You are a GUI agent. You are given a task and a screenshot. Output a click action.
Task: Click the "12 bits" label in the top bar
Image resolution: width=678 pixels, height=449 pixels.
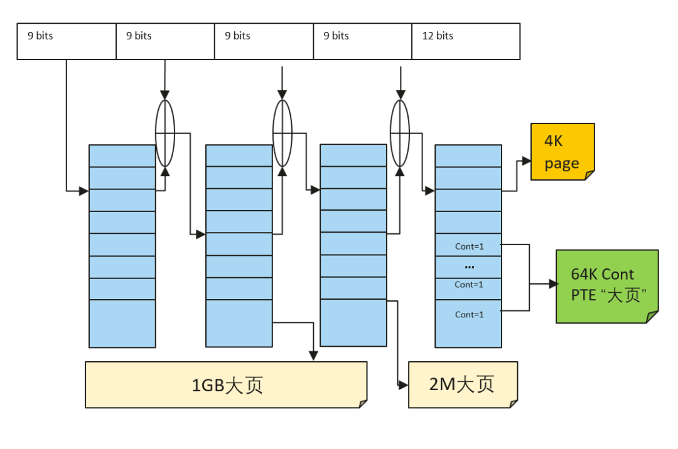pos(438,36)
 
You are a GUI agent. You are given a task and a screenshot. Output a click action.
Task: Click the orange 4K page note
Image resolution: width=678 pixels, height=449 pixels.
pos(562,151)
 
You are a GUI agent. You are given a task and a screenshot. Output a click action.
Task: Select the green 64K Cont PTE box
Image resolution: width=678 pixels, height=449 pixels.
pos(606,286)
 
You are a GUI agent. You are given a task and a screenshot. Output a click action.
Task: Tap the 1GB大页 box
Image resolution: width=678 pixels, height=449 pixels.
pos(226,384)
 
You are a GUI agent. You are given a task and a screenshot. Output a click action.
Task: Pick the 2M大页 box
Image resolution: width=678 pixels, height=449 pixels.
pos(462,384)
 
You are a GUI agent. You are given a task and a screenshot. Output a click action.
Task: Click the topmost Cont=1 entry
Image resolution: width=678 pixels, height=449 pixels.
pos(469,246)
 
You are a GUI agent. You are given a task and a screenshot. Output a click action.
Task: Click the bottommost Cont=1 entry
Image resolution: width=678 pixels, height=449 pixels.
pos(469,314)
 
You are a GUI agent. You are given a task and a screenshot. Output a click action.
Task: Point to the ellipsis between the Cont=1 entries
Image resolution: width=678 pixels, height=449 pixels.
pos(469,267)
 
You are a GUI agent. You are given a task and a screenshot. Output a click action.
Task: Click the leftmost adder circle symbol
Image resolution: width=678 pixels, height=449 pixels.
pos(165,133)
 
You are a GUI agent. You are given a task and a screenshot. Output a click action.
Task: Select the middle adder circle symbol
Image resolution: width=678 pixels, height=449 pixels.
pos(282,133)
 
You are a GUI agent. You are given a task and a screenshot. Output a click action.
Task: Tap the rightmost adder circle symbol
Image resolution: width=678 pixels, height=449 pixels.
pos(400,133)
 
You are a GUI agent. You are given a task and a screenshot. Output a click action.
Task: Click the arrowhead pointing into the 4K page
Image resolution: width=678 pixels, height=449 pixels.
pos(527,161)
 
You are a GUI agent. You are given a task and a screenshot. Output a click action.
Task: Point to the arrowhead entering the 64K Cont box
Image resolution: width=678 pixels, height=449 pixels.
pos(553,284)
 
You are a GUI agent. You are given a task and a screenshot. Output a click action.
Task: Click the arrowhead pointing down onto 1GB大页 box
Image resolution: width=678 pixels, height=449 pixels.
pos(313,356)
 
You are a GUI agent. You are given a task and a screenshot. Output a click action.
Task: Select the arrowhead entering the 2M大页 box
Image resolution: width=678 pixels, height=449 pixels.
pos(404,385)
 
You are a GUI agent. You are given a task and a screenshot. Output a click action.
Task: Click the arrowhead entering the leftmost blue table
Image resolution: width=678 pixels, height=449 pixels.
pos(84,191)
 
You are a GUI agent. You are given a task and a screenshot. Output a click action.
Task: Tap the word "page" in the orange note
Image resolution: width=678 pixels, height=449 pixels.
pos(562,164)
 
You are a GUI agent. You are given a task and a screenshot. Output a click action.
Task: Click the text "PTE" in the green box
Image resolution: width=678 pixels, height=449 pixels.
pos(583,295)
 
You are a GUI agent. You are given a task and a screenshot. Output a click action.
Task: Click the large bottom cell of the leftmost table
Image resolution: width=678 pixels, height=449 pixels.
pos(122,323)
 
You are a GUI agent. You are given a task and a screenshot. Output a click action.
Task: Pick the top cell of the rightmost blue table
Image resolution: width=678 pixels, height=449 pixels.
pos(468,156)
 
